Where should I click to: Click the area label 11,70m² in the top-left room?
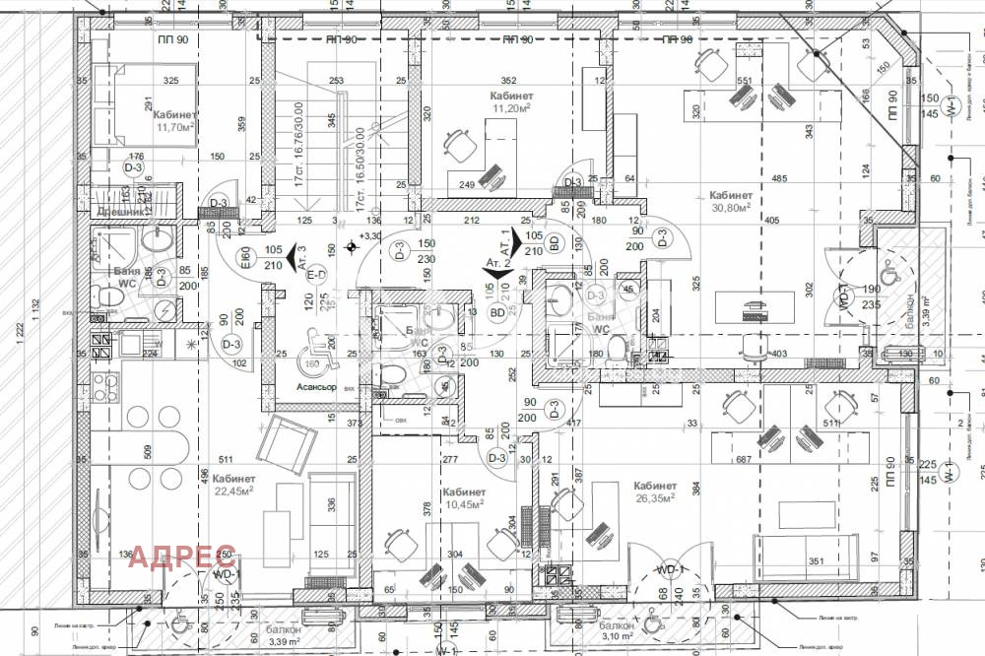tap(175, 126)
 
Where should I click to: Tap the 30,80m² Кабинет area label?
tap(730, 207)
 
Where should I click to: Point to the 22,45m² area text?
tap(234, 490)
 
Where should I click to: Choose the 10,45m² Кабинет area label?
tap(463, 503)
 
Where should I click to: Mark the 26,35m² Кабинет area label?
tap(655, 498)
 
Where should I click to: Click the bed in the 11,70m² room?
tap(120, 108)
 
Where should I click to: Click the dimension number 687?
tap(743, 460)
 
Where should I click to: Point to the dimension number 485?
tap(778, 178)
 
